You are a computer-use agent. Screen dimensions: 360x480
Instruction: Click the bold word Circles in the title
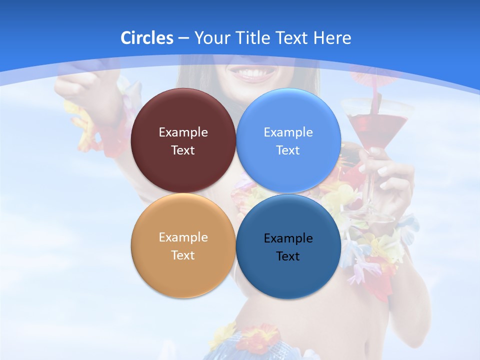[x=147, y=38]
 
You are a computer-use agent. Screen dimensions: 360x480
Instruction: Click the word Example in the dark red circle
[x=183, y=132]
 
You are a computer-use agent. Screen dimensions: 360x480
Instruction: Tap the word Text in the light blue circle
[x=288, y=150]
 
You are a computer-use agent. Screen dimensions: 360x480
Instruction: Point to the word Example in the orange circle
[x=183, y=237]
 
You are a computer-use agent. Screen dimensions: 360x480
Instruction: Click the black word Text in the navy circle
[x=288, y=256]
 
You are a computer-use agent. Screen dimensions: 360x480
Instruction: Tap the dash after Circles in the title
[x=183, y=38]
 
